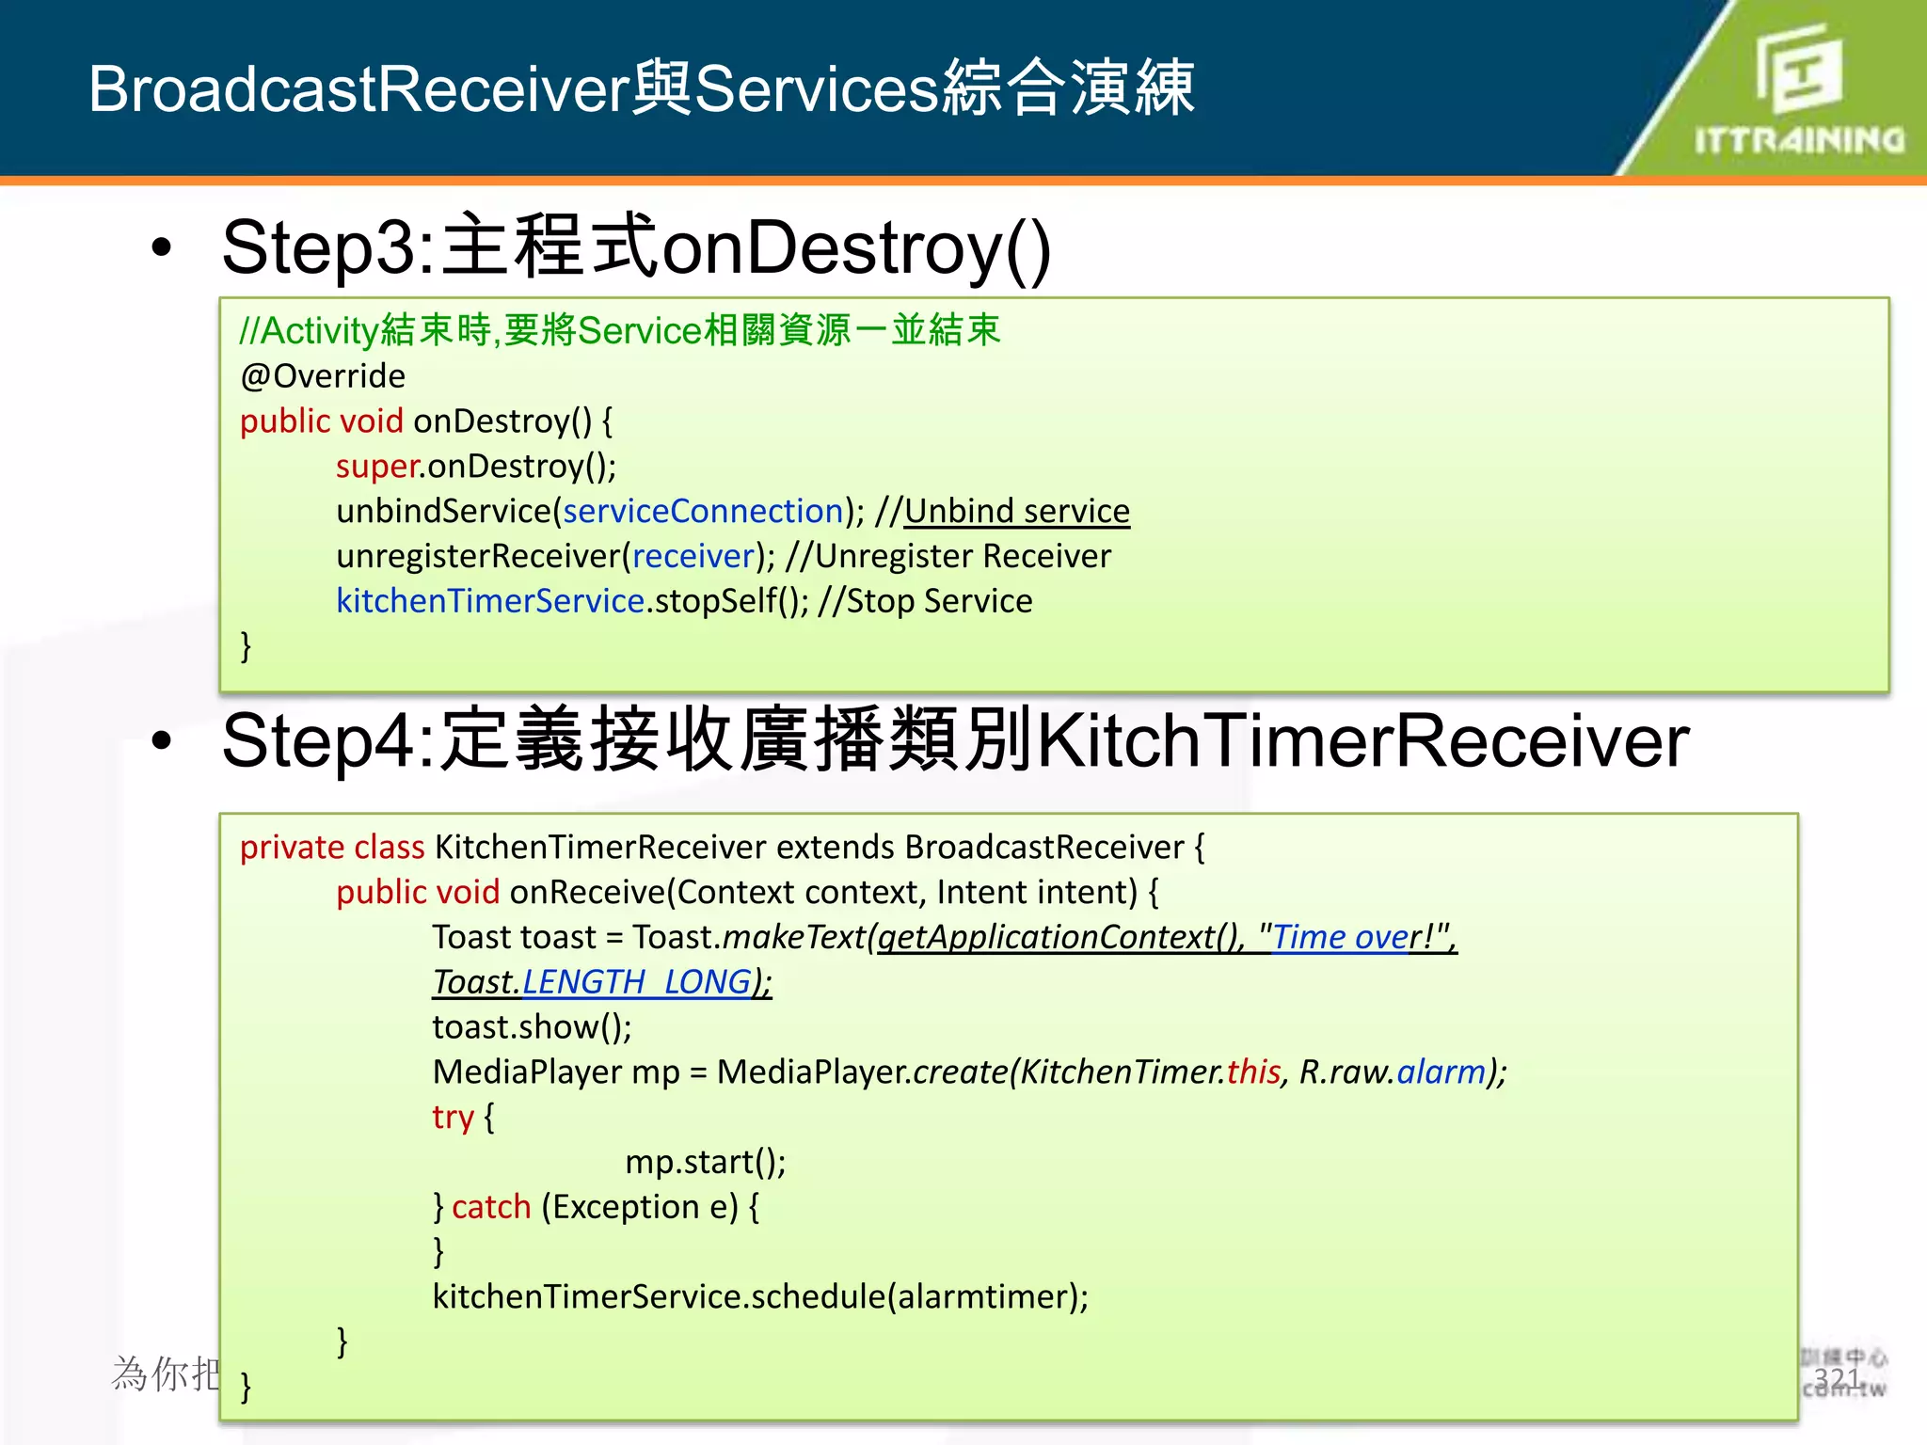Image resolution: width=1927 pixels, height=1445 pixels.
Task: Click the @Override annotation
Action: coord(323,376)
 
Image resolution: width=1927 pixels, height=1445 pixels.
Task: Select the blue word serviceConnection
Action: coord(703,511)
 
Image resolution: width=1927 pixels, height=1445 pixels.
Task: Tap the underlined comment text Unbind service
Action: coord(1016,511)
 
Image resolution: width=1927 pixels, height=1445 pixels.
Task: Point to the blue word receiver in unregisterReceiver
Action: coord(693,556)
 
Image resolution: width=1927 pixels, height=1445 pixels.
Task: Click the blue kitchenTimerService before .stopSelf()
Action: coord(490,601)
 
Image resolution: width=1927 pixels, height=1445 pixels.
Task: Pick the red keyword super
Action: coord(377,467)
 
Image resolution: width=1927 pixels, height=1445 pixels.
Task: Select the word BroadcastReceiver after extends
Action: coord(1043,848)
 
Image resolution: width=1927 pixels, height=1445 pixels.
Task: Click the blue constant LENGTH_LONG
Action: coord(636,982)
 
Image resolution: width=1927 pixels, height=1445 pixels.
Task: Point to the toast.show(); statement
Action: coord(532,1027)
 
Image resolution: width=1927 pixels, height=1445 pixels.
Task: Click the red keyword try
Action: coord(453,1118)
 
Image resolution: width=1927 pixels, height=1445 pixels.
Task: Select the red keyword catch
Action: coord(491,1207)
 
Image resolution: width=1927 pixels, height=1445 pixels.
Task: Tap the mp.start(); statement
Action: coord(705,1163)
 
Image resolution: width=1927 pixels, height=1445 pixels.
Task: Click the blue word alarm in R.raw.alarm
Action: coord(1441,1072)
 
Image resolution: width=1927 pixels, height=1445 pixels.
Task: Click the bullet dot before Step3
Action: coord(162,247)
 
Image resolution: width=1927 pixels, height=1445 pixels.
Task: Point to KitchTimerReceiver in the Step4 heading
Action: coord(1362,741)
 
